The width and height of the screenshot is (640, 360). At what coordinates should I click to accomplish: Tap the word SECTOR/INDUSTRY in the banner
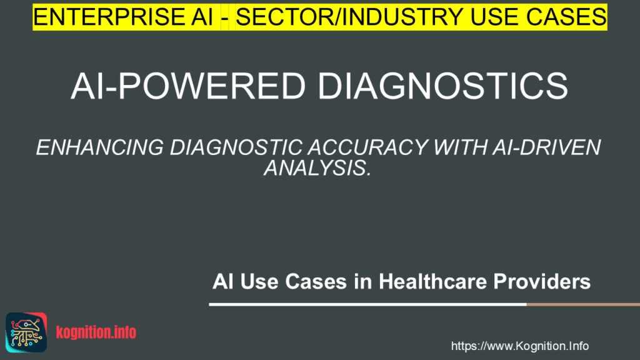pyautogui.click(x=349, y=17)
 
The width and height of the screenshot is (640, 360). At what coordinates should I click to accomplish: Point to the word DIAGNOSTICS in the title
pyautogui.click(x=443, y=86)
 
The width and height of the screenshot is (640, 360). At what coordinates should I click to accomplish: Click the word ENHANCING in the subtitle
pyautogui.click(x=100, y=147)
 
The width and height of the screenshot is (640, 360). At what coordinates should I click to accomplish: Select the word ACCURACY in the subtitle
pyautogui.click(x=367, y=147)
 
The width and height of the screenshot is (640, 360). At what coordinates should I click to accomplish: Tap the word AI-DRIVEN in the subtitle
pyautogui.click(x=547, y=147)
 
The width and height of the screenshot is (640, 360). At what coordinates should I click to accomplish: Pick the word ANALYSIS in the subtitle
pyautogui.click(x=317, y=167)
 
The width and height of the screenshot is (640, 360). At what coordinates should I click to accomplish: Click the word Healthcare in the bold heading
pyautogui.click(x=432, y=282)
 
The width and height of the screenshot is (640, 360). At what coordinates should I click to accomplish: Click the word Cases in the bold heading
pyautogui.click(x=316, y=282)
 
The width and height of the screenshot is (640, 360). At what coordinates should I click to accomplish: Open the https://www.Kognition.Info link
pyautogui.click(x=519, y=346)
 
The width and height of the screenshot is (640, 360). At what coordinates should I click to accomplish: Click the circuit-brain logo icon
pyautogui.click(x=26, y=332)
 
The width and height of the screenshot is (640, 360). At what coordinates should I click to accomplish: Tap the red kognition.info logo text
pyautogui.click(x=96, y=332)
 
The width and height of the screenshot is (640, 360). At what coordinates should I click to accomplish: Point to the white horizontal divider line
pyautogui.click(x=367, y=304)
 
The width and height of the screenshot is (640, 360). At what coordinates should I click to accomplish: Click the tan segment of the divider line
pyautogui.click(x=583, y=304)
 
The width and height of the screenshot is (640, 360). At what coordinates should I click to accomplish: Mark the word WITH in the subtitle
pyautogui.click(x=460, y=147)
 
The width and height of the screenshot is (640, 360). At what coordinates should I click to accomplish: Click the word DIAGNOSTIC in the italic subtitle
pyautogui.click(x=236, y=147)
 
